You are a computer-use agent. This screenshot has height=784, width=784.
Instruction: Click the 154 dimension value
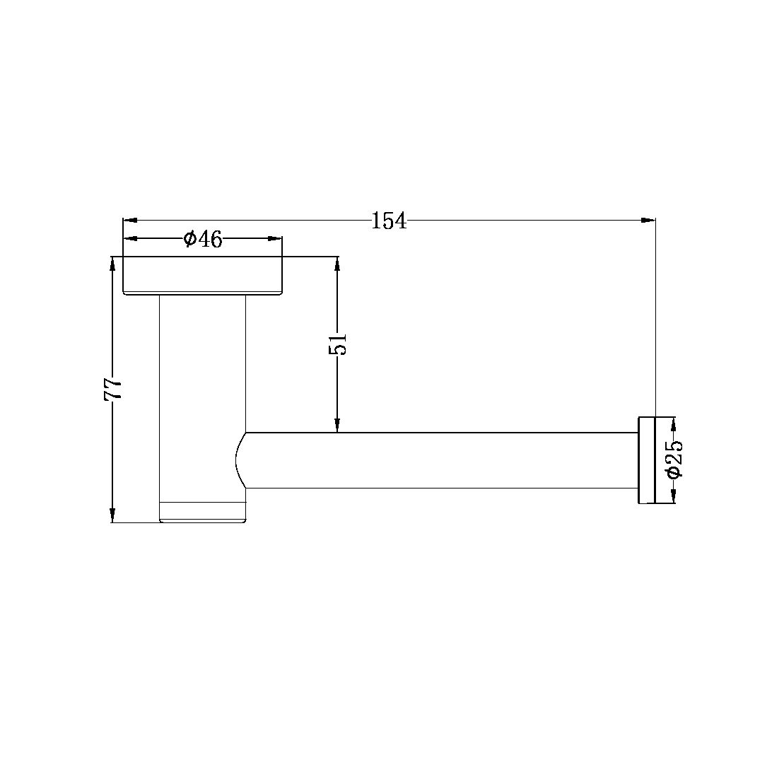[389, 221]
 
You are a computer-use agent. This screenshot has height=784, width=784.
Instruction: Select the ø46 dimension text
[203, 240]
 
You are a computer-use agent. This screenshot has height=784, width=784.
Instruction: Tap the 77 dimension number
[114, 389]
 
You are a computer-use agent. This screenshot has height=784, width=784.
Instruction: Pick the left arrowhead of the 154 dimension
[131, 220]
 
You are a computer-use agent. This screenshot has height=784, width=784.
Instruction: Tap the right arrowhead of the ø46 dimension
[275, 239]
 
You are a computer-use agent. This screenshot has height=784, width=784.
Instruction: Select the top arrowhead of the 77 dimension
[112, 263]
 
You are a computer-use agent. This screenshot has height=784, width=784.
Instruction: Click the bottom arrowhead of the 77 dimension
[112, 515]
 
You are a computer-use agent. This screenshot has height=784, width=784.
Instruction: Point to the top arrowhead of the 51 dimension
[337, 263]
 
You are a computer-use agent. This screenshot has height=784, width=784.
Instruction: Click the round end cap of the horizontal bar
[648, 460]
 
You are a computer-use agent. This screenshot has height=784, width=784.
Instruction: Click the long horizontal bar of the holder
[438, 460]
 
